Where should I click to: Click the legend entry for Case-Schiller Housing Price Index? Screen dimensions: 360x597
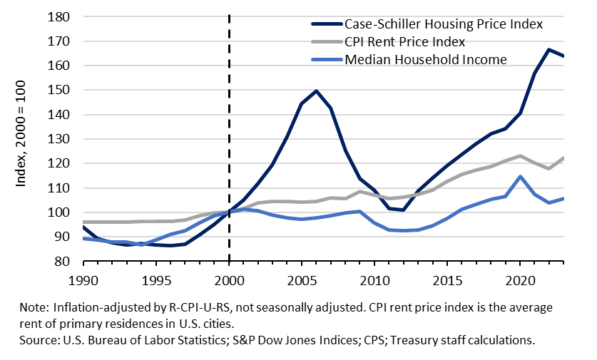point(444,24)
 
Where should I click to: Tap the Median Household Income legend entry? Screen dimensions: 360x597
point(425,59)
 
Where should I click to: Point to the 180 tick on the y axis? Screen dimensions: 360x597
point(62,16)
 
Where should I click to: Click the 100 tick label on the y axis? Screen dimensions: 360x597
point(62,212)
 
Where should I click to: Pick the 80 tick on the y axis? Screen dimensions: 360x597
point(65,262)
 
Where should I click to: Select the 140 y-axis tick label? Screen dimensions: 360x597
point(62,115)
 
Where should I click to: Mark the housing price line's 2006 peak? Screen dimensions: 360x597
point(316,91)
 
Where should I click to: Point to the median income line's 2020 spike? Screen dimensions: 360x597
point(520,177)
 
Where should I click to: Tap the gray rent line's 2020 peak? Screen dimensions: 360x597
point(520,156)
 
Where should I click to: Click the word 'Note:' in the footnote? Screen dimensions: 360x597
point(34,307)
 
